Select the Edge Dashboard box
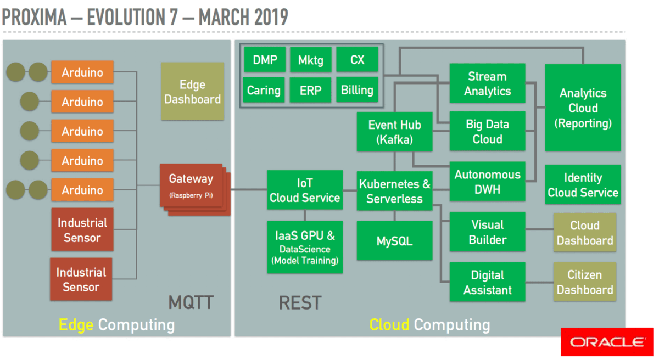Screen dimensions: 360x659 tap(192, 92)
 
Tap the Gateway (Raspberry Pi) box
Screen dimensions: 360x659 tap(191, 185)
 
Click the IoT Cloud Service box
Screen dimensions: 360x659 tap(305, 190)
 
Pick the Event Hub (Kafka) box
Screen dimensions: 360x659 tap(394, 132)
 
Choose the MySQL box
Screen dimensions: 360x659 tap(394, 241)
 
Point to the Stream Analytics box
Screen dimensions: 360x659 tap(487, 83)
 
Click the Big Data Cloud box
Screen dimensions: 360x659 tap(487, 131)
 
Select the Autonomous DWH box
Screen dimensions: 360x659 tap(487, 182)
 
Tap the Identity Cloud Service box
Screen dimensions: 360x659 tap(583, 184)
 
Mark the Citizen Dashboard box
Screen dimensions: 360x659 tap(584, 282)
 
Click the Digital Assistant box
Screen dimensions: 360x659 tap(487, 282)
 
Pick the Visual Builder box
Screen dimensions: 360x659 tap(487, 232)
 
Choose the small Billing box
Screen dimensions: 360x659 tap(357, 90)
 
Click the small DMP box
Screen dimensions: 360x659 tap(265, 60)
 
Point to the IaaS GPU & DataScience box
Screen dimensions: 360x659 tap(305, 247)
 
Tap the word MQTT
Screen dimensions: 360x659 tap(191, 302)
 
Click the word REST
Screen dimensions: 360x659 tap(300, 302)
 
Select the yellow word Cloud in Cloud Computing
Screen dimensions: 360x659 tap(389, 324)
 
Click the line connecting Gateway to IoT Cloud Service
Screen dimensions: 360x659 tap(248, 190)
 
